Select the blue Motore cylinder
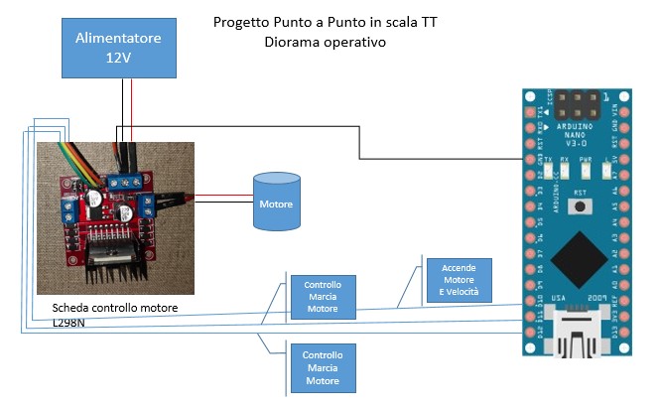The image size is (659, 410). pos(276,203)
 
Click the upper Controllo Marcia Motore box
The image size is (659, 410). pos(323,295)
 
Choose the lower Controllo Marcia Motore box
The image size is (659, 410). pos(323,366)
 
